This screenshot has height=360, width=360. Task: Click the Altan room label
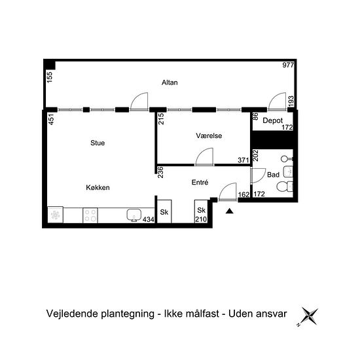(170, 82)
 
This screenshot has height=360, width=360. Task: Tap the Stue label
(98, 143)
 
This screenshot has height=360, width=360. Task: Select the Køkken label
(98, 188)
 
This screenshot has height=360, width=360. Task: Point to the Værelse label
(209, 135)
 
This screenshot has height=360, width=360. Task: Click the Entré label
(200, 183)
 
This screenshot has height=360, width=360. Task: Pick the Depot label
(272, 121)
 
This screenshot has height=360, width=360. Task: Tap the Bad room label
(273, 175)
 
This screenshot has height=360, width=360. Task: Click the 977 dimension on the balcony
(288, 65)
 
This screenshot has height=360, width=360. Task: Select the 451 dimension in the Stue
(52, 119)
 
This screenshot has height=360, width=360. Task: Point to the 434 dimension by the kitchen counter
(149, 220)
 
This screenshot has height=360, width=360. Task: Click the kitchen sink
(134, 215)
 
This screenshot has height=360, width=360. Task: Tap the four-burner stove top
(90, 215)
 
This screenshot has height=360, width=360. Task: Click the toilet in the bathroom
(285, 187)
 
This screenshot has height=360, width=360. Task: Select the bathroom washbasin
(288, 171)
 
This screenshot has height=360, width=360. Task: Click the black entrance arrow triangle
(229, 211)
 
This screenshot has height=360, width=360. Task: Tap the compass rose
(309, 316)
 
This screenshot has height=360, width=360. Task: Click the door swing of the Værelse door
(207, 153)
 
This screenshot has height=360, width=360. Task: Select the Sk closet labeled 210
(201, 211)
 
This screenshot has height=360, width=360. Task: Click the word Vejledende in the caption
(73, 314)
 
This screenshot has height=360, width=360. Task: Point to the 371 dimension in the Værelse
(243, 160)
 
